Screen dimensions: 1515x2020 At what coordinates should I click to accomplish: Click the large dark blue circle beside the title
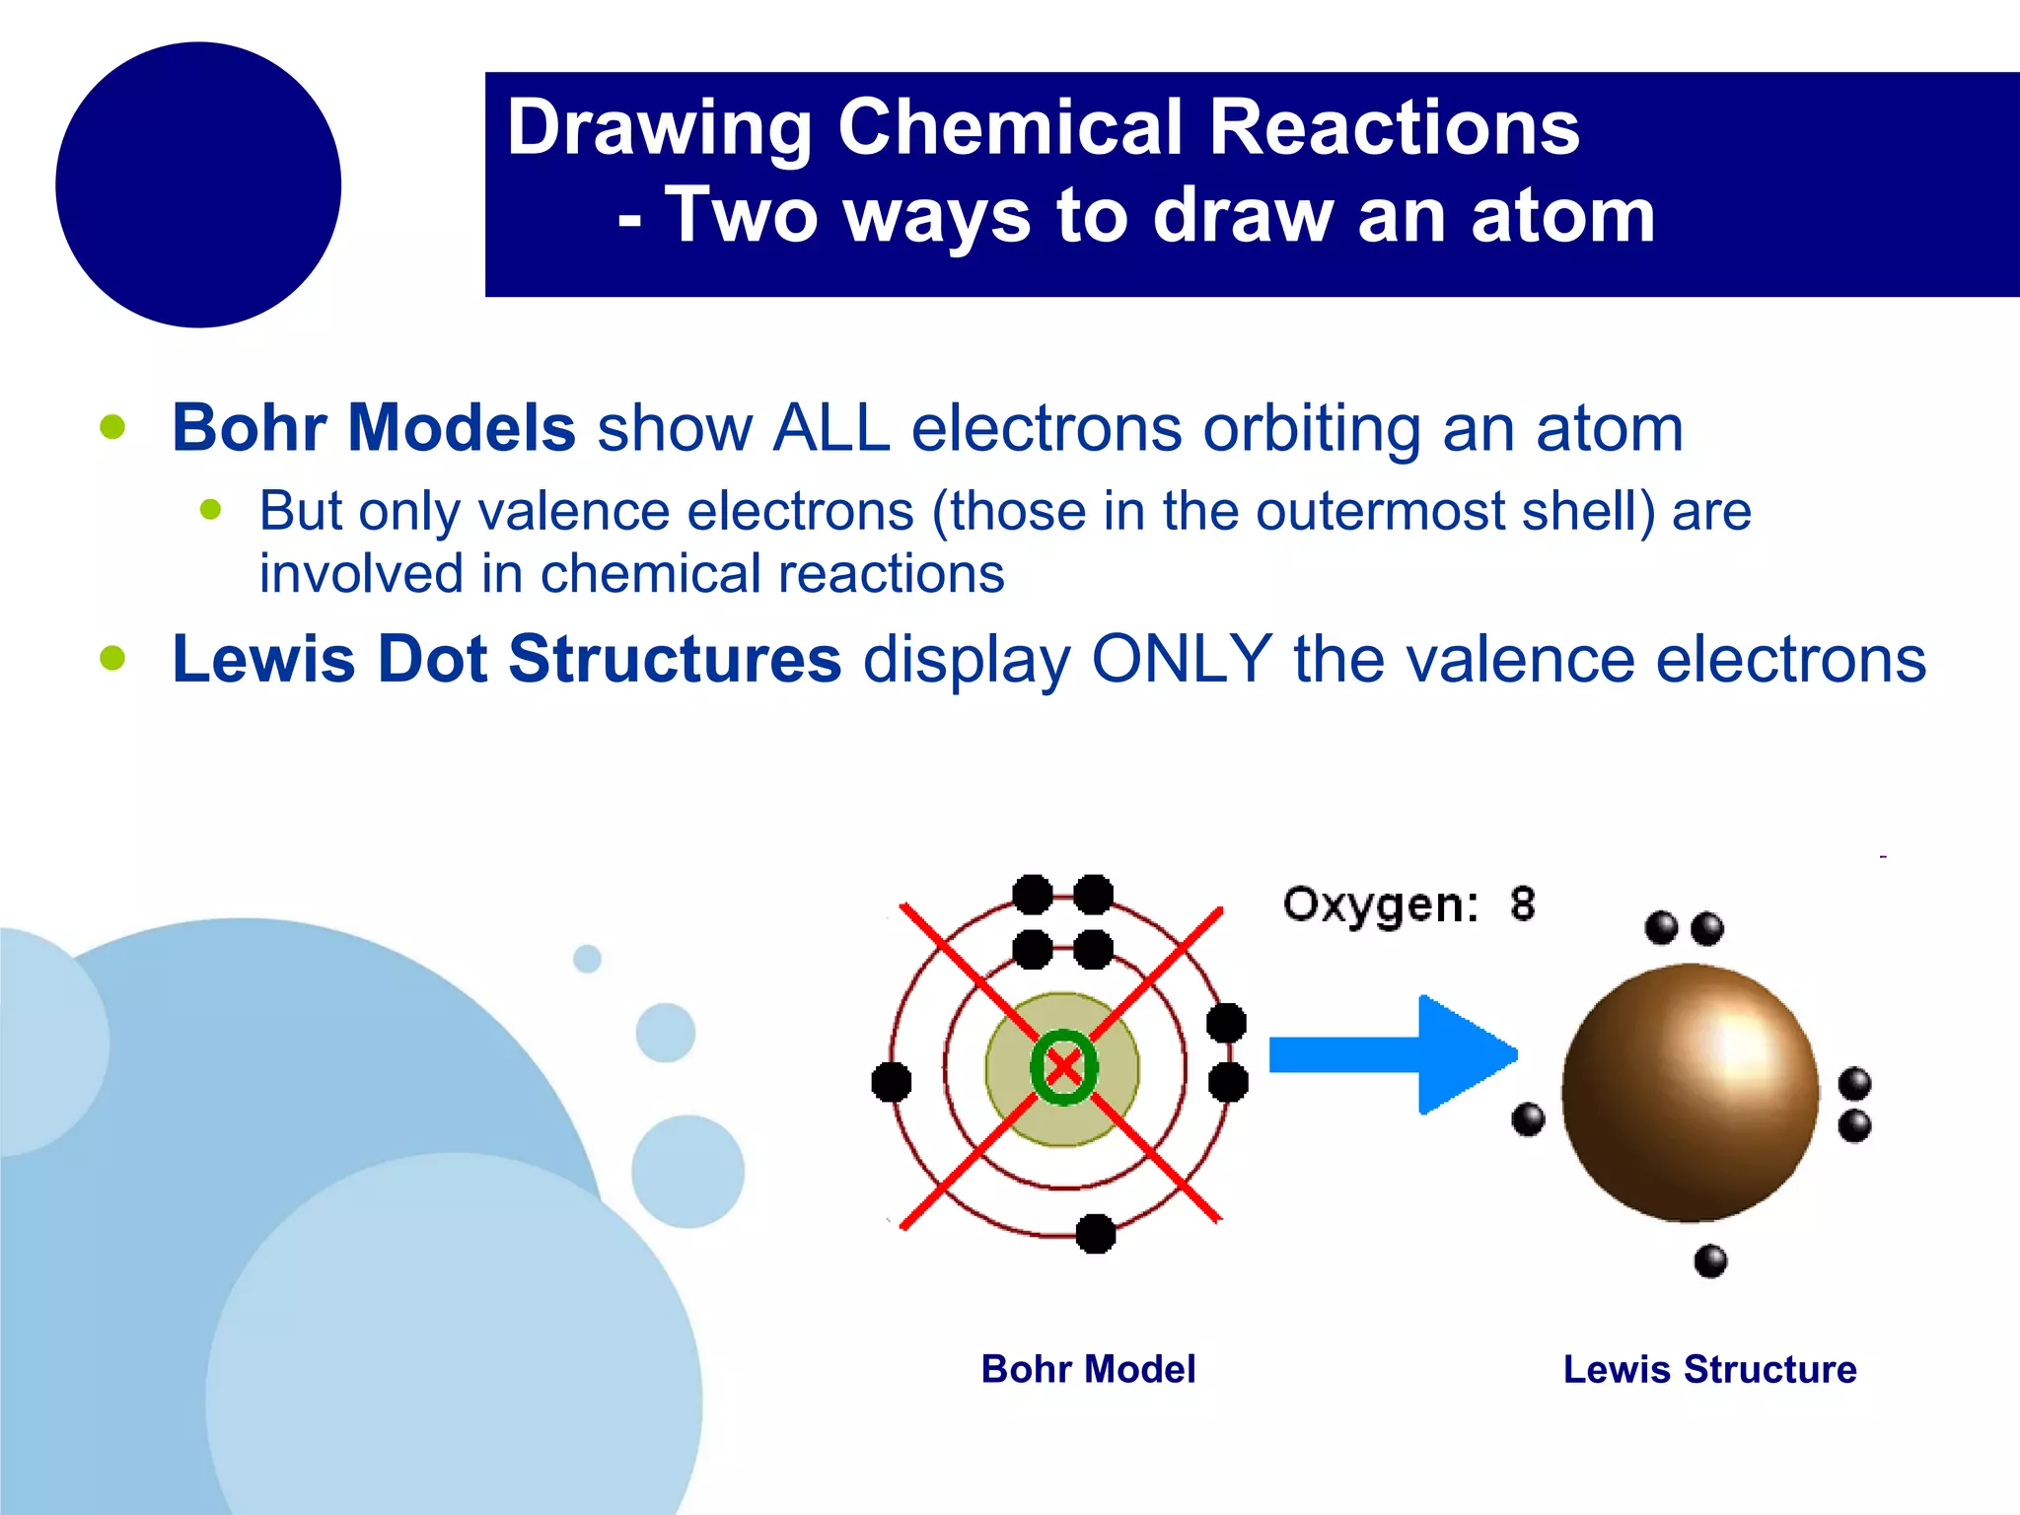(x=198, y=184)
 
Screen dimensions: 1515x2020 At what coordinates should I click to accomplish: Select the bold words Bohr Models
(x=373, y=428)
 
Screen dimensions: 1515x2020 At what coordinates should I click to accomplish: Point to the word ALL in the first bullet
(x=831, y=428)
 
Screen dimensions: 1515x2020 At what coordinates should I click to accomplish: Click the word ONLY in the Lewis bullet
(x=1181, y=659)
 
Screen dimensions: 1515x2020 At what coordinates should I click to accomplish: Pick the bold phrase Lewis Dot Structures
(x=506, y=659)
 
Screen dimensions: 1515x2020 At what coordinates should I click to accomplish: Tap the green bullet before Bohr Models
(x=113, y=427)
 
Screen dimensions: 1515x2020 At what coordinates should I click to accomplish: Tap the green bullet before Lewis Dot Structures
(x=113, y=658)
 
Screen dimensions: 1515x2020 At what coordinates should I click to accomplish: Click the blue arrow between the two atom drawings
(x=1391, y=1055)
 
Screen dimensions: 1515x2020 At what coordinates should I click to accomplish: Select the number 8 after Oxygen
(x=1522, y=903)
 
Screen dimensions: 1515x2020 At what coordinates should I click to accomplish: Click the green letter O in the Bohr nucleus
(x=1062, y=1066)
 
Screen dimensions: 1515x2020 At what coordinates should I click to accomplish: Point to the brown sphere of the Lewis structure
(x=1690, y=1093)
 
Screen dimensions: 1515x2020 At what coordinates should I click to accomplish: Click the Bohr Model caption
(x=1088, y=1369)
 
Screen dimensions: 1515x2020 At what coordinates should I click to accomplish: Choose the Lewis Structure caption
(x=1709, y=1369)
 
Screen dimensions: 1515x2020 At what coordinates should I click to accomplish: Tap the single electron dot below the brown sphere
(x=1710, y=1261)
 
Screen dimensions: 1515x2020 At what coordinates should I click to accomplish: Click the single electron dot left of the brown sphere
(x=1528, y=1119)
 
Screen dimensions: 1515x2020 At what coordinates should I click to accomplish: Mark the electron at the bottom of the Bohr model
(x=1095, y=1233)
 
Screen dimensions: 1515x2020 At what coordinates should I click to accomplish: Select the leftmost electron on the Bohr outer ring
(x=892, y=1082)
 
